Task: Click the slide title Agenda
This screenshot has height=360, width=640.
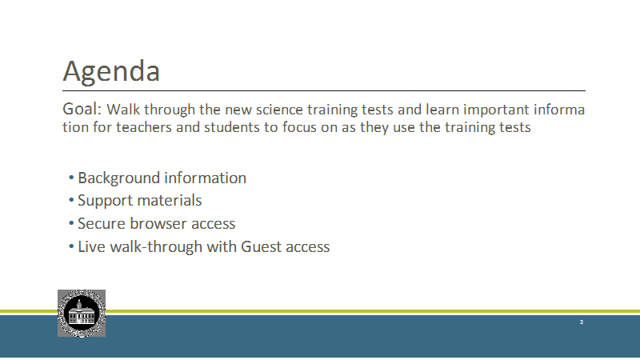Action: (x=111, y=72)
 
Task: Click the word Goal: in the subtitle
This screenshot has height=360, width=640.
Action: (x=82, y=109)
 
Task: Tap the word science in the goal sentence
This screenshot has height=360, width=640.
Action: (x=279, y=110)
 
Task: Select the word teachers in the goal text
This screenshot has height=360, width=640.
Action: (x=144, y=127)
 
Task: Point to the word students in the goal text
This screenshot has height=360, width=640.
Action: (x=231, y=127)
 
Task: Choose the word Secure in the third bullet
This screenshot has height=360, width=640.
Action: (x=102, y=224)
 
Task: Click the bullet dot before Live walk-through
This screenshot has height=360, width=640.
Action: (x=71, y=246)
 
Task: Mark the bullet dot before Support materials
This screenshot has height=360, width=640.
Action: (x=71, y=200)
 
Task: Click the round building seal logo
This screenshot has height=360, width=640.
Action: (x=82, y=314)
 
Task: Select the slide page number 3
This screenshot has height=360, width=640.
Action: (x=582, y=322)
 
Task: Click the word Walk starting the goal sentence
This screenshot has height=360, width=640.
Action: (x=123, y=110)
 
